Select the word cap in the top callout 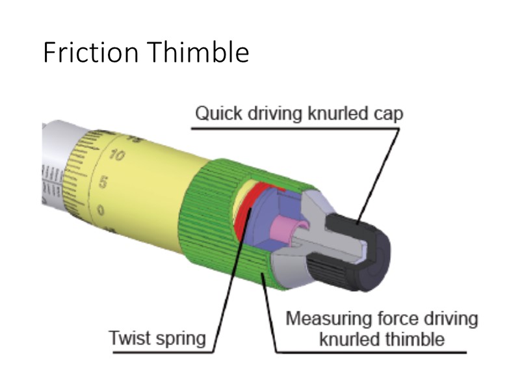point(389,114)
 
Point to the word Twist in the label point(129,338)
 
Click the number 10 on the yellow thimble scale point(117,155)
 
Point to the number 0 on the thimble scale point(101,210)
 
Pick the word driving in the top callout point(276,114)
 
